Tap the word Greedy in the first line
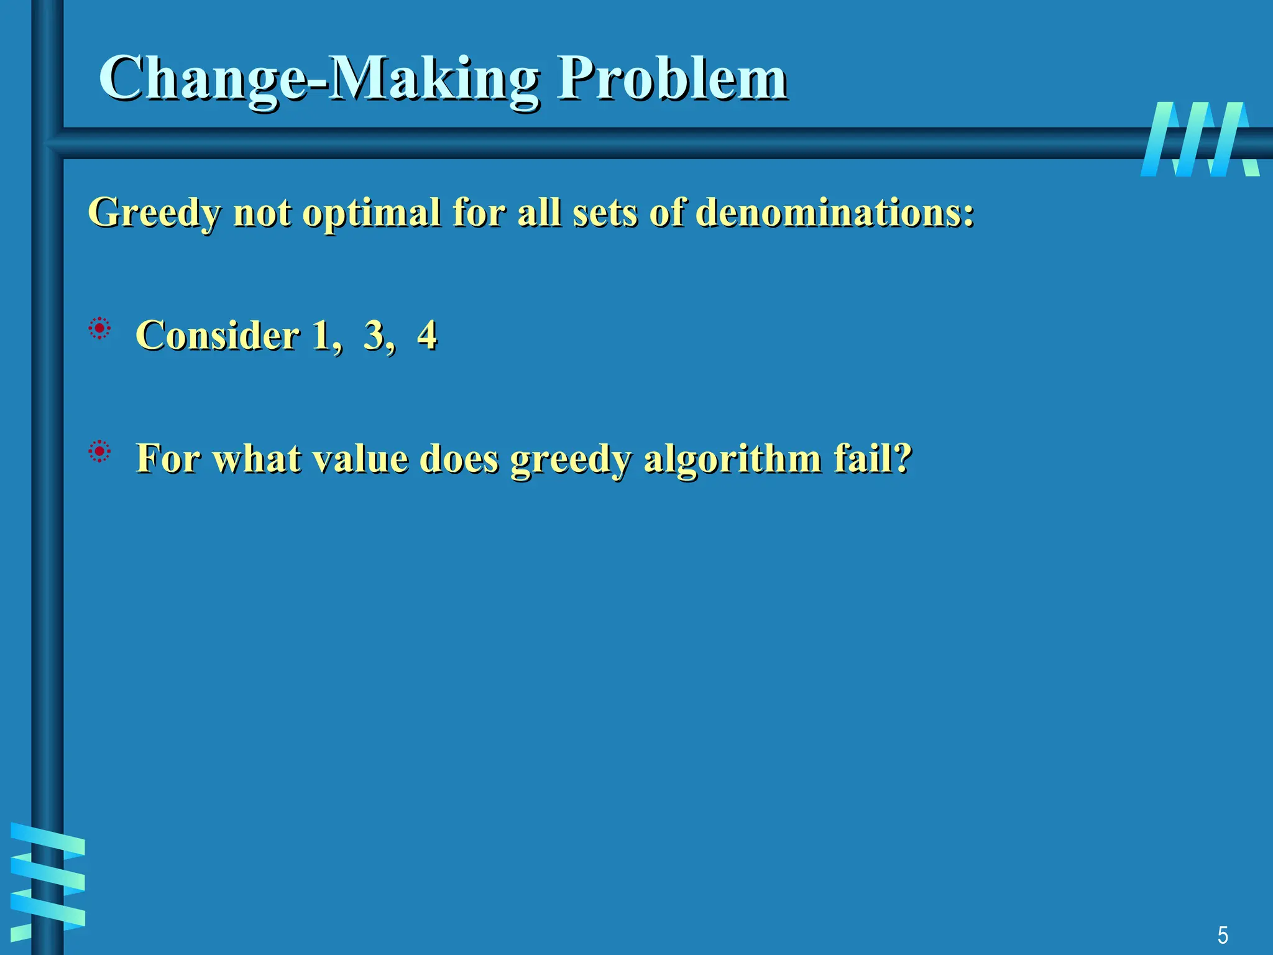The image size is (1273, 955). [154, 213]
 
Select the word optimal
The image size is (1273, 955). [371, 213]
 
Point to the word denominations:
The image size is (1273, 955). [834, 212]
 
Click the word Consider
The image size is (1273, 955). [218, 336]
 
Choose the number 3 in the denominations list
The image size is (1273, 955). [374, 336]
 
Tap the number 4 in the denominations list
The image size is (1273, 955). [427, 336]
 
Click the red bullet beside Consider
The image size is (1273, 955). [99, 328]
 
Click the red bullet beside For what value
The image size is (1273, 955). [99, 451]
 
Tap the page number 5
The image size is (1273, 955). [1222, 935]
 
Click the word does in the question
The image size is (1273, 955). [459, 458]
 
